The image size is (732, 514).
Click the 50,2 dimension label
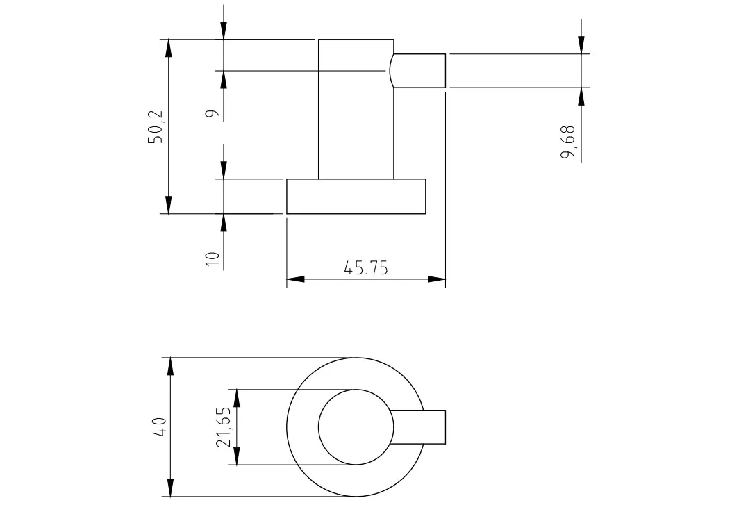156,126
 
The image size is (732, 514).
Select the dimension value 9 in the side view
212,113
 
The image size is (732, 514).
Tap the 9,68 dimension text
567,142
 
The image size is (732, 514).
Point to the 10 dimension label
213,258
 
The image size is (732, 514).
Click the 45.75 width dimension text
365,268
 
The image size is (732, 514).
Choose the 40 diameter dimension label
159,426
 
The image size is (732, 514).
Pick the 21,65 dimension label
223,426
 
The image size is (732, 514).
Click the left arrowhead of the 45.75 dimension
295,279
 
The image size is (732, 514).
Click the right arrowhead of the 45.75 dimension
437,279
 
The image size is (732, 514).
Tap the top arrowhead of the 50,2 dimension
169,49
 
